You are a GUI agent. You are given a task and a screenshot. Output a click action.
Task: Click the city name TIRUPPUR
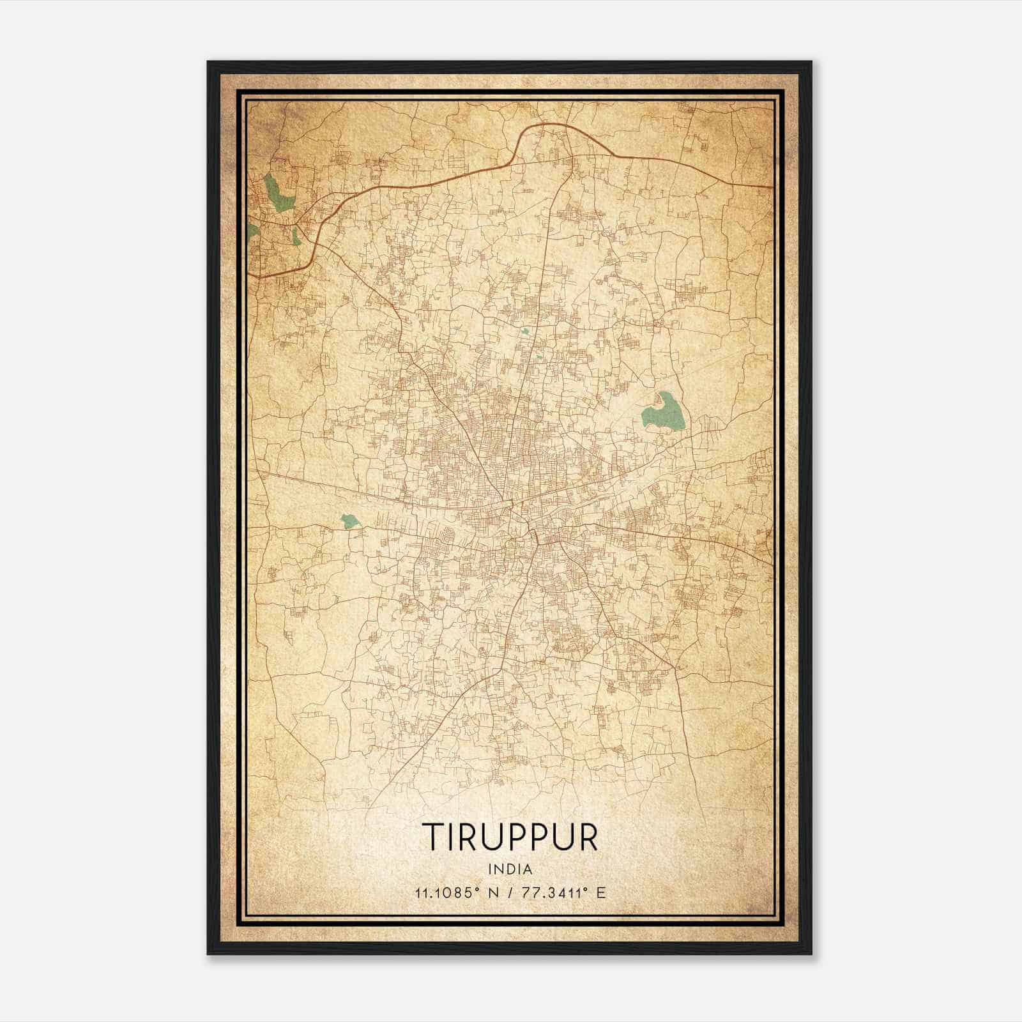510,835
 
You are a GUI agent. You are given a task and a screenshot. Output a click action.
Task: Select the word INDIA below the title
510,869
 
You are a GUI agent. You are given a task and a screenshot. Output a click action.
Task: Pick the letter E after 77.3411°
600,892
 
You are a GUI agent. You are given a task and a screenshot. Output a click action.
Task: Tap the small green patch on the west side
349,521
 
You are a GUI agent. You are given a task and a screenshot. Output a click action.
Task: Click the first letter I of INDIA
489,869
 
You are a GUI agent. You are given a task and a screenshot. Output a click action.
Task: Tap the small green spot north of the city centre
524,331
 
